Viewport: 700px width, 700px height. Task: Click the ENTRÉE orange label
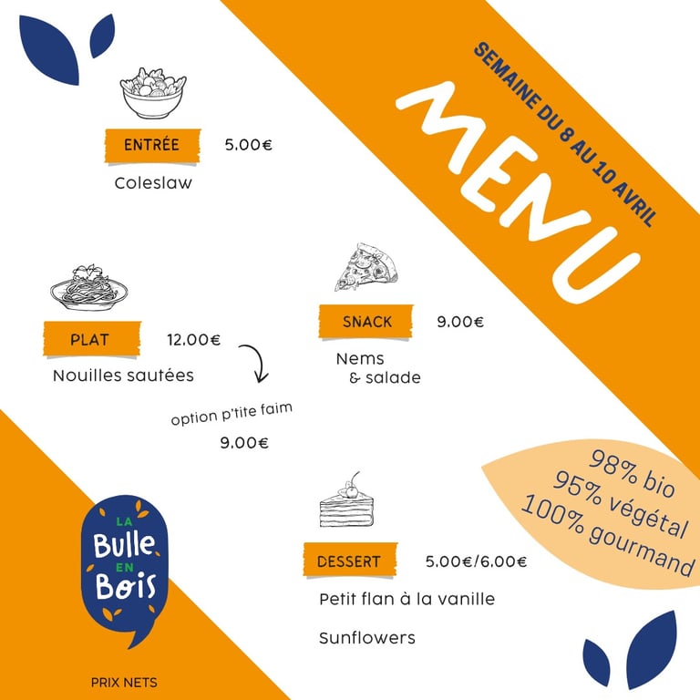tap(153, 146)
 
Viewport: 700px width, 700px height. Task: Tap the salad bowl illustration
tap(153, 93)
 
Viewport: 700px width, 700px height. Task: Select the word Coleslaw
tap(153, 183)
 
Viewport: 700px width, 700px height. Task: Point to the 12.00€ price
tap(194, 340)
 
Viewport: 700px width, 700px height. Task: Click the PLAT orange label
tap(92, 339)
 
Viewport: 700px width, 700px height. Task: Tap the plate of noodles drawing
tap(88, 287)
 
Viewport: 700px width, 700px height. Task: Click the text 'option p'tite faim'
tap(232, 414)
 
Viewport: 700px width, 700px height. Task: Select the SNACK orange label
tap(366, 322)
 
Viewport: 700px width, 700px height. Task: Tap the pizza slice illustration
tap(365, 267)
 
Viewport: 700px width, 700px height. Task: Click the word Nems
tap(360, 359)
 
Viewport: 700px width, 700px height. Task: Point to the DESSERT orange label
tap(350, 561)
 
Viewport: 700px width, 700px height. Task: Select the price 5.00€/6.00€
tap(476, 561)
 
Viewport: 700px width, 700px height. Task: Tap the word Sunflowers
tap(367, 638)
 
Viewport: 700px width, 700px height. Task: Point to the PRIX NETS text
tap(124, 683)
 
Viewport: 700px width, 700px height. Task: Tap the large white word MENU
tap(518, 192)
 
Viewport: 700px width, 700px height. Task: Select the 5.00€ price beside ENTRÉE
tap(248, 145)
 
